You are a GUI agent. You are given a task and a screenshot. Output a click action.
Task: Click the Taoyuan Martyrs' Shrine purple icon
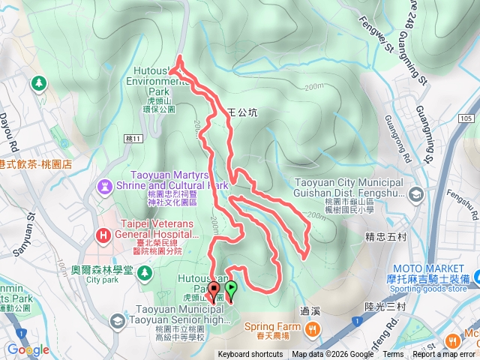tap(102, 184)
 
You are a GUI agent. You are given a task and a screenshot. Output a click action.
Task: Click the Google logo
tap(28, 349)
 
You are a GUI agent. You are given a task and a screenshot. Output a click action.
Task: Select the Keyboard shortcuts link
tap(250, 355)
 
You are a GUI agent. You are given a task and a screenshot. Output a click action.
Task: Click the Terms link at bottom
tap(393, 355)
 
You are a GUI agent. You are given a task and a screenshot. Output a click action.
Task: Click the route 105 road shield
tap(466, 118)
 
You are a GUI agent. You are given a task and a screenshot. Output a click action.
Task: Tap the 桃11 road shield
tap(134, 139)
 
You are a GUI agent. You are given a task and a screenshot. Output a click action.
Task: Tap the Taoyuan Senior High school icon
tap(117, 321)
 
